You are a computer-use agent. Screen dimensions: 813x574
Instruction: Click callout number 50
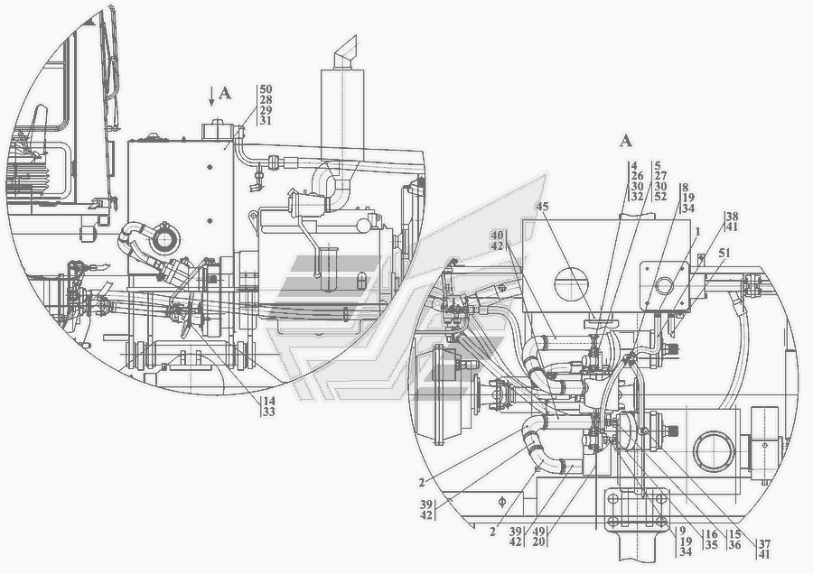click(x=266, y=89)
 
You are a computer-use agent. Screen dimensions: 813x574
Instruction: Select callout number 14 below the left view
click(x=269, y=401)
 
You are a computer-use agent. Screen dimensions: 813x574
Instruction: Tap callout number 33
click(x=269, y=412)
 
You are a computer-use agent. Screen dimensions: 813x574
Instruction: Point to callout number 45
click(x=542, y=206)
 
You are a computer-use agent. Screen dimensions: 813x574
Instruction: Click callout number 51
click(x=724, y=253)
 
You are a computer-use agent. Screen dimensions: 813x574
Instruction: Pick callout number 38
click(x=732, y=216)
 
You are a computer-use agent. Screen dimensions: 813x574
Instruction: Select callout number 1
click(x=698, y=232)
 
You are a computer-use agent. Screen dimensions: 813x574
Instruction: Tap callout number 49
click(x=539, y=532)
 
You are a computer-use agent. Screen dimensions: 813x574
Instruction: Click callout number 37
click(x=764, y=544)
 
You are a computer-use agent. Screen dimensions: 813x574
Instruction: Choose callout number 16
click(x=712, y=533)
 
